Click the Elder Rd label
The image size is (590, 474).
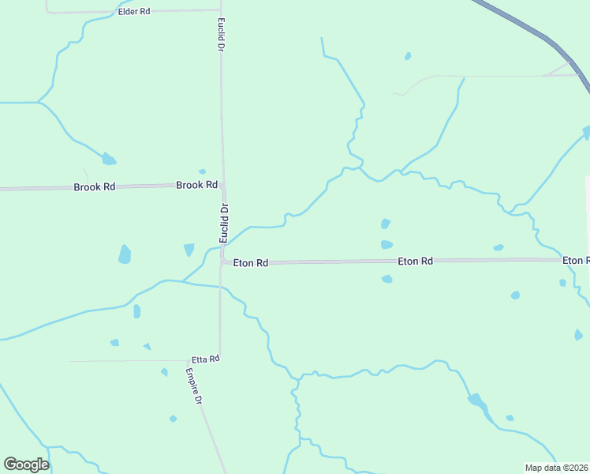[x=133, y=13]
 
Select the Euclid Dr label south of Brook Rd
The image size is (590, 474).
[x=223, y=224]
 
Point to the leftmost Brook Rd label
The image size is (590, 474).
[x=95, y=187]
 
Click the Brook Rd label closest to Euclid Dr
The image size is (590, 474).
[x=196, y=185]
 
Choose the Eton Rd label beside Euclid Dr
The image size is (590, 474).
[x=251, y=262]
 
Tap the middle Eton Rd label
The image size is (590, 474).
[x=415, y=261]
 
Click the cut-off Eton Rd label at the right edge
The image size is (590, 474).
[x=575, y=260]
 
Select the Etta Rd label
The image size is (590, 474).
[x=205, y=359]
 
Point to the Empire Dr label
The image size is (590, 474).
[x=194, y=387]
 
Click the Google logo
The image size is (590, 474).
[x=26, y=465]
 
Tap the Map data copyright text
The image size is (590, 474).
[x=556, y=468]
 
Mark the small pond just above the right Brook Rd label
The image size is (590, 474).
[x=202, y=171]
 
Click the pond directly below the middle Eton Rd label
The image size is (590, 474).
[x=386, y=279]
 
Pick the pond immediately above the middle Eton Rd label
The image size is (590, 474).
[x=386, y=245]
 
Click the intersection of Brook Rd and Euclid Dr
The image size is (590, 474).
[x=222, y=185]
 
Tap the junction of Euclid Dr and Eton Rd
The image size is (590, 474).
[x=222, y=261]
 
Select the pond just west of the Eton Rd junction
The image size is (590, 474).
[x=189, y=250]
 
